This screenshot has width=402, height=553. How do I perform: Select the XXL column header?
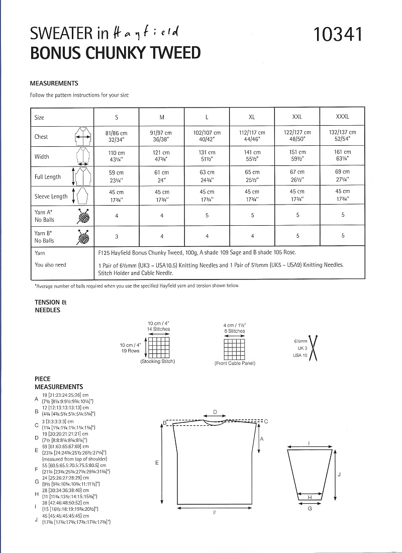click(x=297, y=117)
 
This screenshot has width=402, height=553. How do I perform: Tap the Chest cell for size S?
click(x=116, y=136)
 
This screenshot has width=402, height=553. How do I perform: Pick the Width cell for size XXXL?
click(x=342, y=156)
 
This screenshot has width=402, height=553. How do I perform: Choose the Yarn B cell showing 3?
click(x=116, y=236)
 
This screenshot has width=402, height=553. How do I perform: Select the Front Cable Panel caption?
click(x=235, y=363)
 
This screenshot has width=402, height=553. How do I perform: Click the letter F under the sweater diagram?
click(x=215, y=513)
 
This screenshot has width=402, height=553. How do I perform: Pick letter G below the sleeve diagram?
click(x=310, y=509)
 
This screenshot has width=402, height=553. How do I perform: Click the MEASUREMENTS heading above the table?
click(x=54, y=83)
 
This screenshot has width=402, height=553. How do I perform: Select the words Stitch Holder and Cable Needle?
click(x=136, y=273)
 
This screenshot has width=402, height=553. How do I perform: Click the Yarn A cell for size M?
click(x=161, y=215)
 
